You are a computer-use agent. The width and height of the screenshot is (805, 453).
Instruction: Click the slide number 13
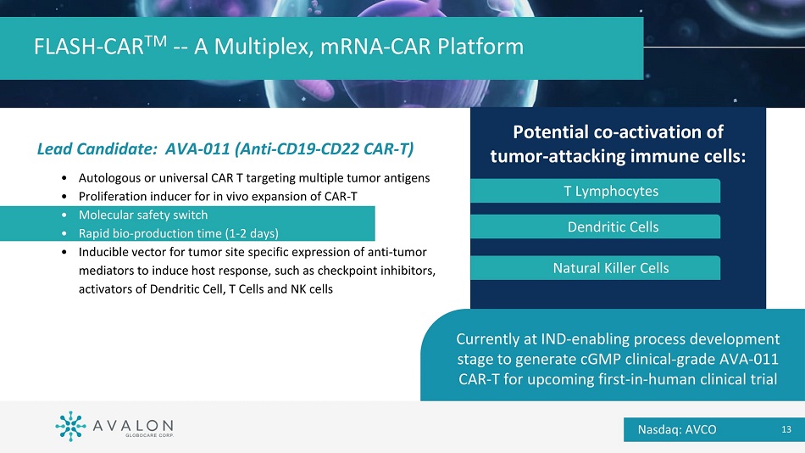point(786,429)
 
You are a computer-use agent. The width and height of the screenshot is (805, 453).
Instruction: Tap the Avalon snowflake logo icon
point(70,426)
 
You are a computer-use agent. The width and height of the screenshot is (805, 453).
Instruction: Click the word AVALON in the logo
point(133,426)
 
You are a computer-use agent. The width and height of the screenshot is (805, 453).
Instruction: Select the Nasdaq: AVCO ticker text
point(677,429)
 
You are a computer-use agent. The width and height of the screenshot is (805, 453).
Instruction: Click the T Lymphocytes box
point(595,191)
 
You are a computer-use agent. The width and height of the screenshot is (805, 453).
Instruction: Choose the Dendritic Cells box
point(595,226)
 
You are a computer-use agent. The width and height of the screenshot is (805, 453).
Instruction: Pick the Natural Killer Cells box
point(595,268)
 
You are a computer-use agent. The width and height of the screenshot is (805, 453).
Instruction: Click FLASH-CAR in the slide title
point(88,47)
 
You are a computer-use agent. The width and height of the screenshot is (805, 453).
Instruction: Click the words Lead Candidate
point(97,149)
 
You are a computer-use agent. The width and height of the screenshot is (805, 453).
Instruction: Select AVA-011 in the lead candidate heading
point(197,149)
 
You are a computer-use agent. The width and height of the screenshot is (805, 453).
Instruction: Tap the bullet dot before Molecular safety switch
point(64,215)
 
